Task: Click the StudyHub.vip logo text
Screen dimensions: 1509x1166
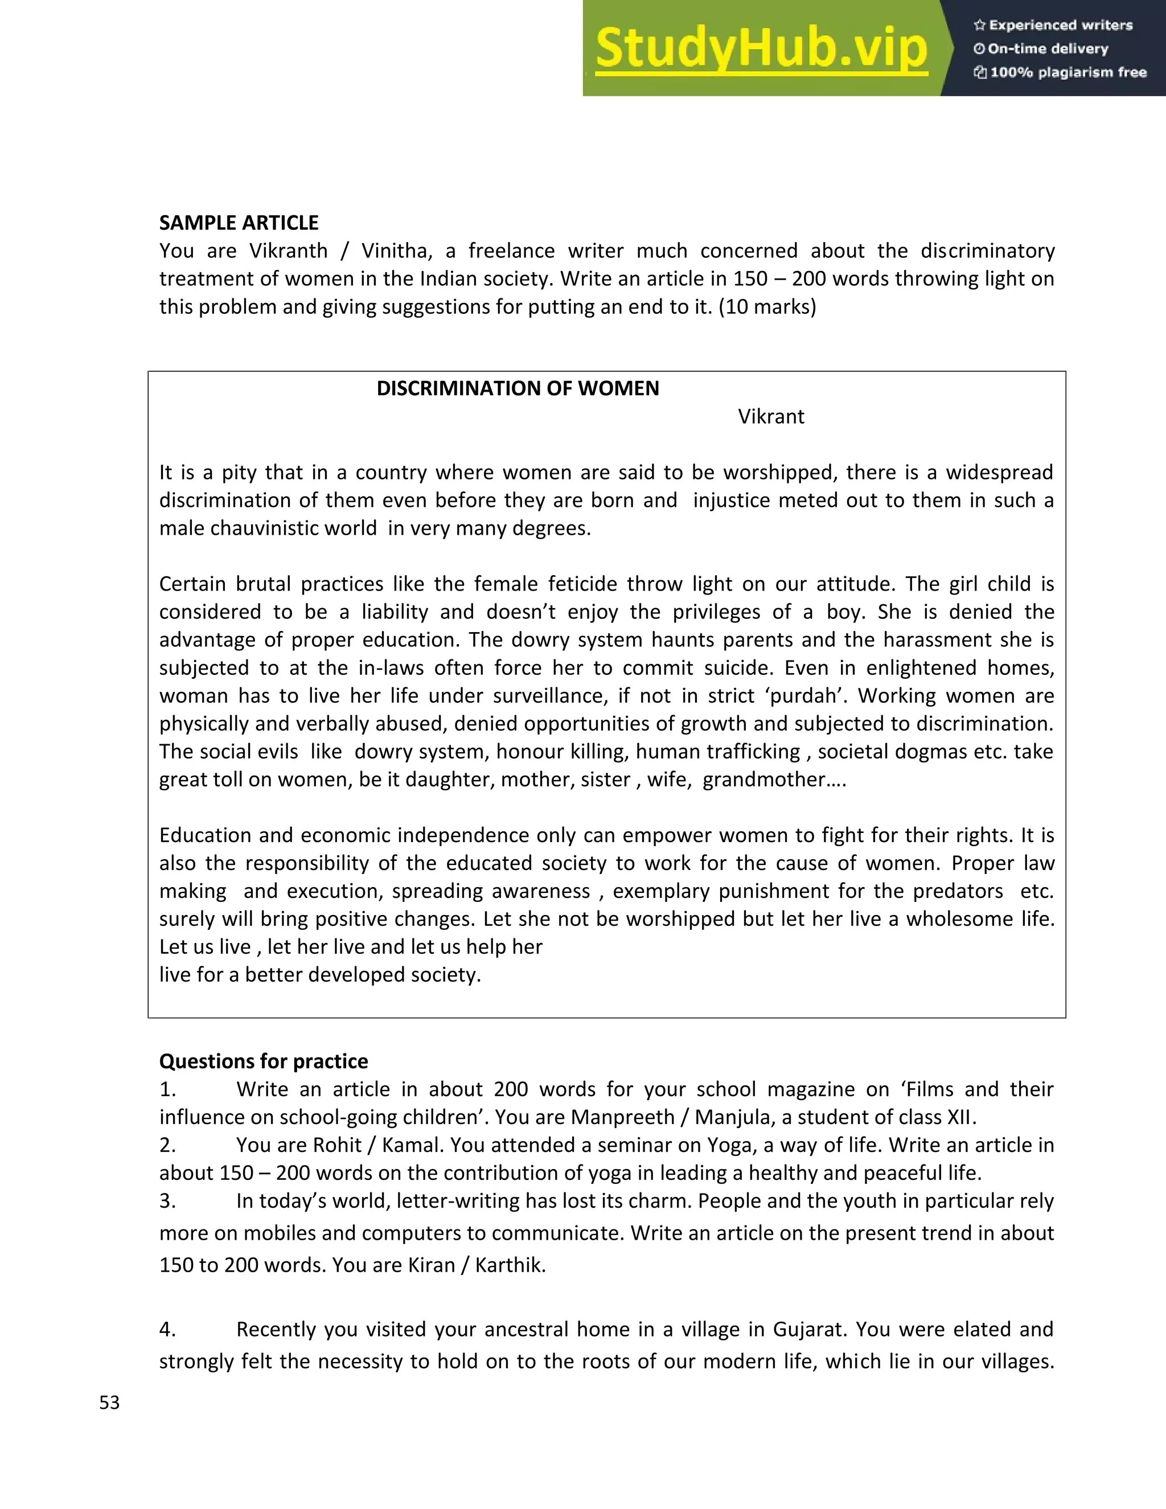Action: (x=761, y=48)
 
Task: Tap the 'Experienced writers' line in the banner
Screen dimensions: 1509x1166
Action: (x=1053, y=26)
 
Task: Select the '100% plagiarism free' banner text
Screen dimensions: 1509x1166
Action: (x=1060, y=72)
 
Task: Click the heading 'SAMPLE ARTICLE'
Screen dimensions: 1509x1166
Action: (x=239, y=223)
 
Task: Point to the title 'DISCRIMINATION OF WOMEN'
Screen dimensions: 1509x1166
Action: (x=518, y=388)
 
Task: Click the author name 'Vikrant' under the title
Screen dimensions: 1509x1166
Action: (x=771, y=417)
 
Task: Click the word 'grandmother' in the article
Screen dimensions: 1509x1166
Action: (x=764, y=780)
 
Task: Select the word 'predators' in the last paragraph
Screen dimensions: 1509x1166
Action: (x=958, y=891)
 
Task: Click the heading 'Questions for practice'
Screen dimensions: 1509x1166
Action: (x=263, y=1061)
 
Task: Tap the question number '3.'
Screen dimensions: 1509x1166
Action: (x=168, y=1201)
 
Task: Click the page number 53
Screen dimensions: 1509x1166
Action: (x=109, y=1403)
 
